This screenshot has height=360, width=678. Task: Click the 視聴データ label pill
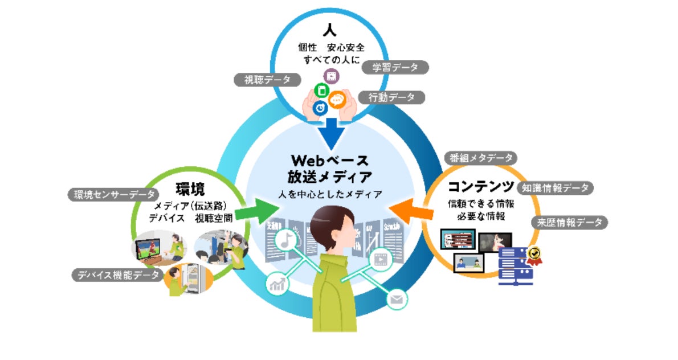pyautogui.click(x=267, y=80)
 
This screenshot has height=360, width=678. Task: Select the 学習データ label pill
pyautogui.click(x=395, y=67)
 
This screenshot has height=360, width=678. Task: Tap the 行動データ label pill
pyautogui.click(x=392, y=97)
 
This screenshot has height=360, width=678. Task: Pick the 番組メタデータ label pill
pyautogui.click(x=480, y=158)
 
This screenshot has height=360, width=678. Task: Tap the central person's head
pyautogui.click(x=332, y=228)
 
